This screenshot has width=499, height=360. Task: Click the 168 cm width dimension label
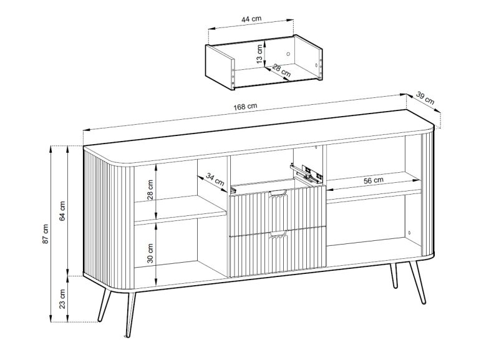[245, 106]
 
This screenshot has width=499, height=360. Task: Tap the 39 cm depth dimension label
[425, 98]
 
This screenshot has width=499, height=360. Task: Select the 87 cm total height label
[46, 234]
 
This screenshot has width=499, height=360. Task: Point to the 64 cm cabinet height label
[62, 211]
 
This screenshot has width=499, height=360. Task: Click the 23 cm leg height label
[62, 299]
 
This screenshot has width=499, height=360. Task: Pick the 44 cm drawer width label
[251, 19]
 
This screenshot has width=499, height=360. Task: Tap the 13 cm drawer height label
[259, 54]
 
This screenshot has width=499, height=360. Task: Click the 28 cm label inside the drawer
[281, 71]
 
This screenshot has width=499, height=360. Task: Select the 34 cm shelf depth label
[215, 179]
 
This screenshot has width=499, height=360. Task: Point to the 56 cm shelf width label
[374, 180]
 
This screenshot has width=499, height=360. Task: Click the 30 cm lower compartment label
[150, 253]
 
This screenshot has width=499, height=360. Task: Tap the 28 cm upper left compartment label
[150, 190]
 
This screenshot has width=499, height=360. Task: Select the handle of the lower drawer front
[278, 235]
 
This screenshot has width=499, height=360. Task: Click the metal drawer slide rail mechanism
[306, 173]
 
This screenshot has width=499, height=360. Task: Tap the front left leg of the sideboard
[130, 314]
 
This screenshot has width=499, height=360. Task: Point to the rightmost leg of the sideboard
[418, 282]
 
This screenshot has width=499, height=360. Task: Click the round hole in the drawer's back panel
[288, 54]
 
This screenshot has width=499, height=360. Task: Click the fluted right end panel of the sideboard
[427, 194]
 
